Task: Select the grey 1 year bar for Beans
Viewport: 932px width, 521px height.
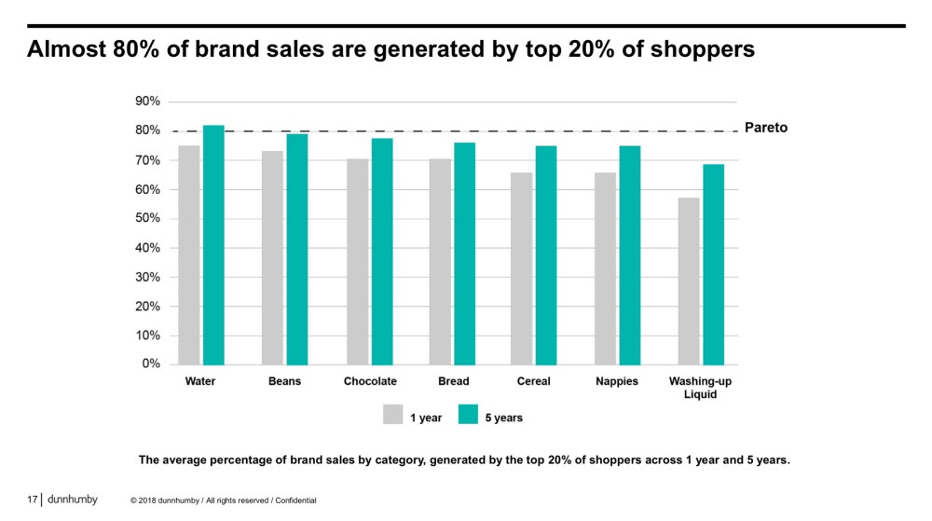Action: (x=272, y=257)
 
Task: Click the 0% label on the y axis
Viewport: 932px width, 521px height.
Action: (x=152, y=363)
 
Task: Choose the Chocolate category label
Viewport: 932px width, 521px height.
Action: (x=370, y=381)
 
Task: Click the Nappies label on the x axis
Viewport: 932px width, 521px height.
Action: (x=617, y=381)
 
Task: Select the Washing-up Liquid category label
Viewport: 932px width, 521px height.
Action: (x=700, y=388)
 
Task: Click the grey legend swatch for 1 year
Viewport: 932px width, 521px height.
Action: (x=392, y=415)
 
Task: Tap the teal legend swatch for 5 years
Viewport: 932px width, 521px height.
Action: (x=467, y=415)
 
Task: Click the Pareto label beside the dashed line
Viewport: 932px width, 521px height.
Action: (x=766, y=128)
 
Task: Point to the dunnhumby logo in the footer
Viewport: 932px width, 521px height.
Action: (x=72, y=500)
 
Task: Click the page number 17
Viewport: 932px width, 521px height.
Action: (x=32, y=500)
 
